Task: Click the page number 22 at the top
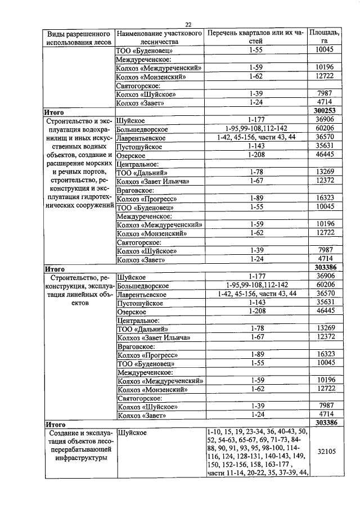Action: click(188, 24)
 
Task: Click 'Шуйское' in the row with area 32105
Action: click(131, 432)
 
